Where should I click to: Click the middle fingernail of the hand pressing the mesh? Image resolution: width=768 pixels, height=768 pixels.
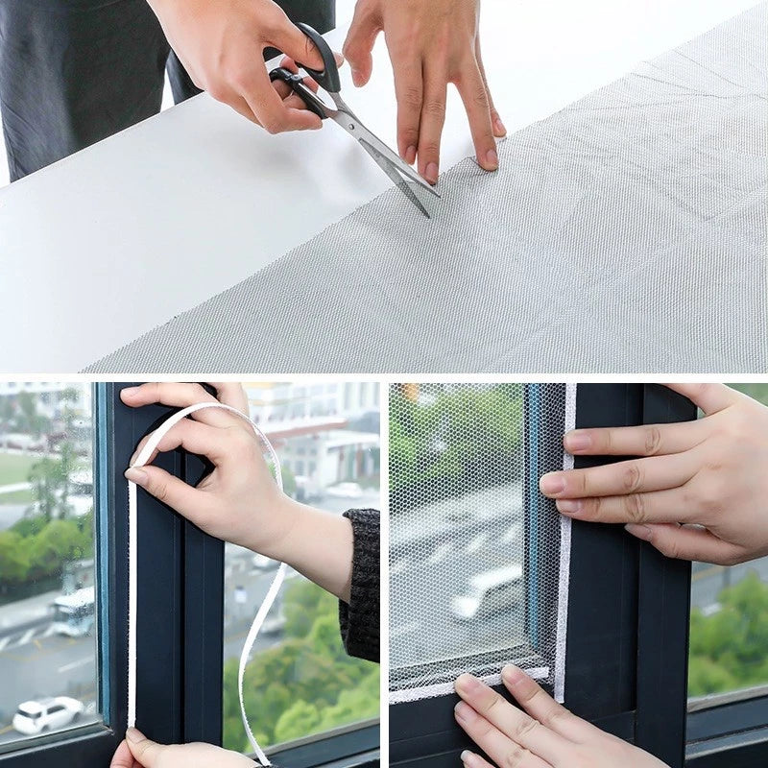pos(431,171)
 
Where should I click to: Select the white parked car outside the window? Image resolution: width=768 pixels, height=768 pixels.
pos(46,714)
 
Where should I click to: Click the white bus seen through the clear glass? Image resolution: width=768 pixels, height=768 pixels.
pos(75,611)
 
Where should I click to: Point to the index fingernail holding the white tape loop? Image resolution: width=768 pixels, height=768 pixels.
pos(137,474)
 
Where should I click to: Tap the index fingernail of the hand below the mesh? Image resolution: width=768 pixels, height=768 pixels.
pos(470,685)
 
